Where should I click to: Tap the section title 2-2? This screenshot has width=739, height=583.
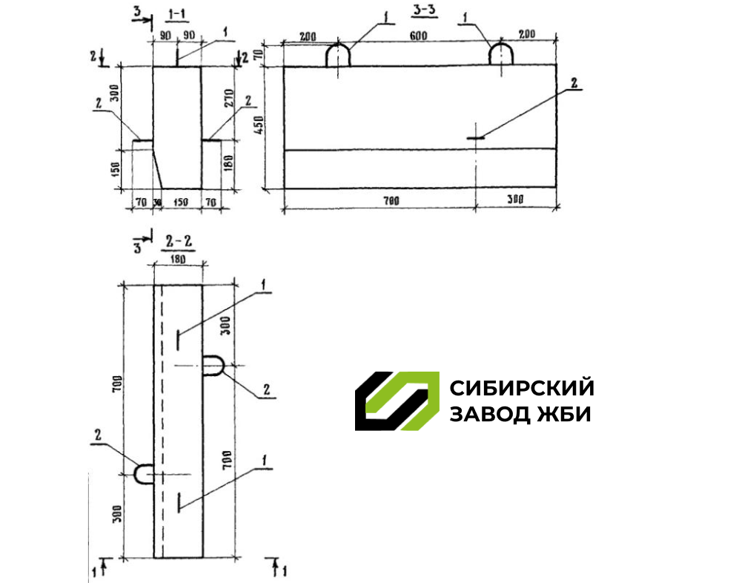point(177,242)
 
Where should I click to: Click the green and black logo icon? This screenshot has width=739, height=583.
point(396,401)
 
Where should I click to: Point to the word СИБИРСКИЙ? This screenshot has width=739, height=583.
point(522,388)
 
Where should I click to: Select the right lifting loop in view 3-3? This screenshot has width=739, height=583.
point(502,55)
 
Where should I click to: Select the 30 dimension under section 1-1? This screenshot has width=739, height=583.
point(156,201)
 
